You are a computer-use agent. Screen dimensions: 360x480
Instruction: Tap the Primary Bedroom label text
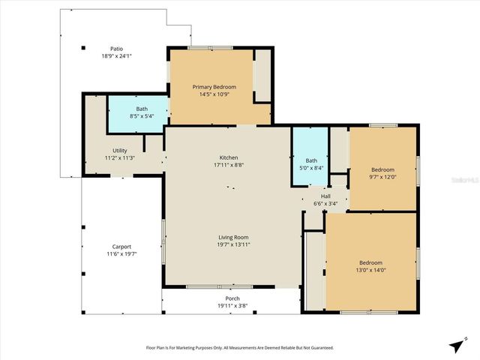(x=214, y=87)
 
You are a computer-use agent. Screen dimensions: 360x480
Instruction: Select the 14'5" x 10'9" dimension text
(x=214, y=94)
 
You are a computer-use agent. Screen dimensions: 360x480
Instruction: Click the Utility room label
(x=119, y=151)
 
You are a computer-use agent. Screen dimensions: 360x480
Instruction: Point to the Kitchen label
(x=228, y=157)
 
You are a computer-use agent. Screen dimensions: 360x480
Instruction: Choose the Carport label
(x=121, y=247)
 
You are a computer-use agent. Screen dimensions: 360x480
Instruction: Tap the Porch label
(x=232, y=298)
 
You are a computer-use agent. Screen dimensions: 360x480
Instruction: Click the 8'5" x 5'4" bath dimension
(x=142, y=116)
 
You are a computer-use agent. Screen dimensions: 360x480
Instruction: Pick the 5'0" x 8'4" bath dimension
(x=311, y=167)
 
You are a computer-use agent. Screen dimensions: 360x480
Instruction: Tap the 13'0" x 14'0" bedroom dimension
(x=372, y=270)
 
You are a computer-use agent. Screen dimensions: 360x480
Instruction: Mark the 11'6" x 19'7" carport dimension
(x=121, y=254)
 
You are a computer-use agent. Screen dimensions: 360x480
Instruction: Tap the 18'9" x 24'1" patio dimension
(x=116, y=56)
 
